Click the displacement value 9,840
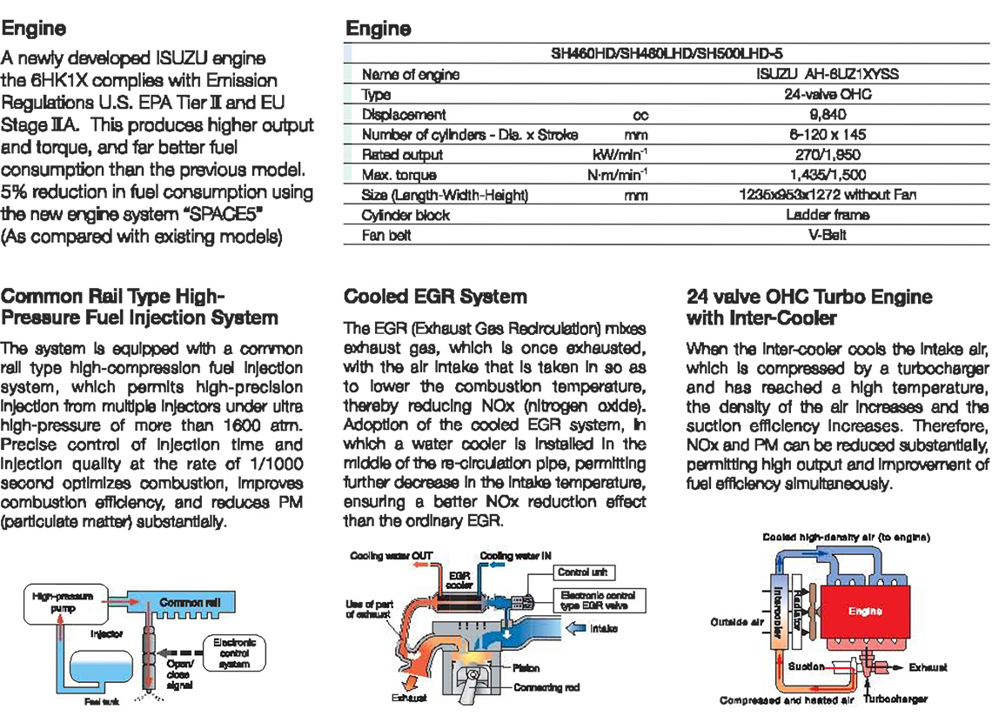tap(828, 114)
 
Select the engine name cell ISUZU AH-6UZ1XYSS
tap(828, 74)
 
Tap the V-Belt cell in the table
tap(828, 235)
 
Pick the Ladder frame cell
tap(828, 214)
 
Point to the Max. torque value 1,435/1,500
tap(828, 175)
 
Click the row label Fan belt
tap(386, 235)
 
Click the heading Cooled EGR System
tap(435, 297)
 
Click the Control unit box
tap(582, 572)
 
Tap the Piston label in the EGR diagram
tap(526, 667)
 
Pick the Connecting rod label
tap(546, 686)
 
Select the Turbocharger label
tap(899, 699)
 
